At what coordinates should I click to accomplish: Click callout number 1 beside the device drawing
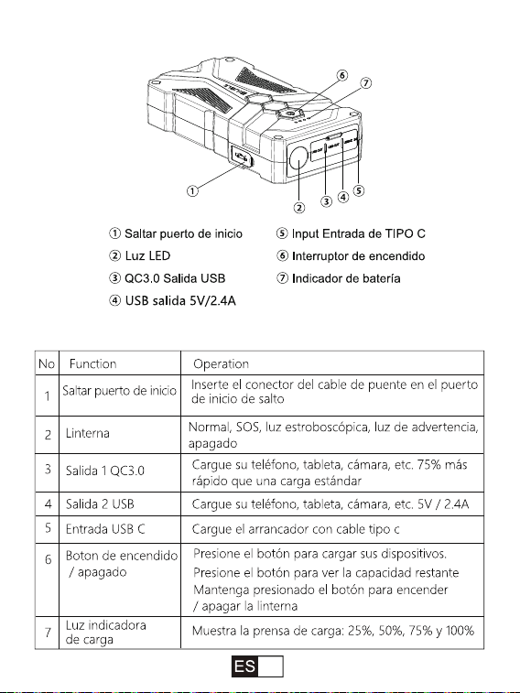tap(192, 191)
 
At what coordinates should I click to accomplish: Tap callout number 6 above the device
tap(342, 75)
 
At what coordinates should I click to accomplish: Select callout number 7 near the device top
tap(366, 83)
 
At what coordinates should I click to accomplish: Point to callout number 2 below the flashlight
tap(299, 207)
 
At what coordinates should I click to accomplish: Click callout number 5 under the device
tap(359, 190)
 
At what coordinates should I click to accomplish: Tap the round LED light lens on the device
tap(298, 157)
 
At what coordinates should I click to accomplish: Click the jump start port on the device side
tap(241, 157)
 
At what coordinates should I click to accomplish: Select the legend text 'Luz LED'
tap(147, 256)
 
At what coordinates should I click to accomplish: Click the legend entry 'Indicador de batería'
tap(346, 278)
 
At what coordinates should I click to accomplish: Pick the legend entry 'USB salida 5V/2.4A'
tap(180, 301)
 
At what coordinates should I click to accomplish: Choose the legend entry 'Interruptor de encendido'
tap(358, 256)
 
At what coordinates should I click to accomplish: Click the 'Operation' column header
tap(221, 364)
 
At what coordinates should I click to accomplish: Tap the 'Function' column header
tap(92, 363)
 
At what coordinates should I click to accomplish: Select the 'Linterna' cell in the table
tap(88, 433)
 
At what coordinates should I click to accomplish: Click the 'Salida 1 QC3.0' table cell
tap(105, 471)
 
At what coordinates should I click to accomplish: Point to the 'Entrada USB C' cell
tap(105, 529)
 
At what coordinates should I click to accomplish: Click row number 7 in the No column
tap(48, 633)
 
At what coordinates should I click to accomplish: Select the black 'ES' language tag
tap(244, 666)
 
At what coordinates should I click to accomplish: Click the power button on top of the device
tap(290, 114)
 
